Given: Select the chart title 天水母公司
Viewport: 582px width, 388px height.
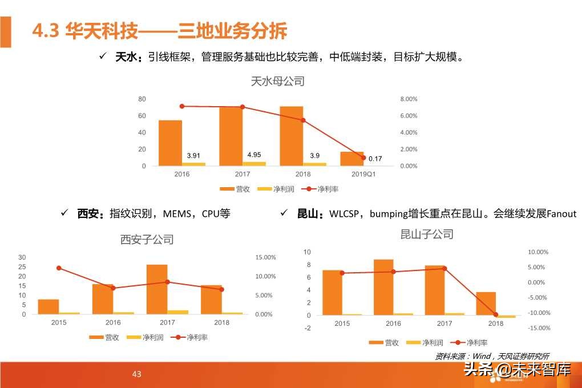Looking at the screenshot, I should (x=278, y=81).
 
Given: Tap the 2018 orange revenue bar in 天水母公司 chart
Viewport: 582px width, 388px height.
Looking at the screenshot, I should (x=291, y=136).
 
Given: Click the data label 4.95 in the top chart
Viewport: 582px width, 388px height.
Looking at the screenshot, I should (x=254, y=155).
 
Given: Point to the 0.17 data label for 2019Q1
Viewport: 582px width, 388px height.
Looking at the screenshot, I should (x=375, y=159).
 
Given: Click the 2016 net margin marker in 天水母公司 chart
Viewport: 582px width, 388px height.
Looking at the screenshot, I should (x=182, y=106).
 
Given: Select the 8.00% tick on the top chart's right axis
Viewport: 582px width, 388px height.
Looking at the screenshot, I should (x=409, y=99).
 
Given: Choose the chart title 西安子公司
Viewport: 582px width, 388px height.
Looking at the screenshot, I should (x=147, y=240).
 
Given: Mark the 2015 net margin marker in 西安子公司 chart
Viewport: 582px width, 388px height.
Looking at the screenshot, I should (x=59, y=268).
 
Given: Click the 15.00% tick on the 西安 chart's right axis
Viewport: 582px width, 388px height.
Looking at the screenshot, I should (x=265, y=257).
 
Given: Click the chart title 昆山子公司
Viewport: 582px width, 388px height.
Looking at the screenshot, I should (x=427, y=234).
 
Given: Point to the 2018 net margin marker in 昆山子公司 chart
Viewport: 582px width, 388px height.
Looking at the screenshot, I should (x=495, y=314).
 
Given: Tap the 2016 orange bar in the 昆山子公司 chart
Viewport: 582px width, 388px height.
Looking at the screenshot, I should (x=383, y=287).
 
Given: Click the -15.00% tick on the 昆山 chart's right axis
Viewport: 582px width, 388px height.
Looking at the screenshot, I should (x=539, y=328).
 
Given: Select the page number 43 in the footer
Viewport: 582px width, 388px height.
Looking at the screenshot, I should (x=136, y=374).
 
